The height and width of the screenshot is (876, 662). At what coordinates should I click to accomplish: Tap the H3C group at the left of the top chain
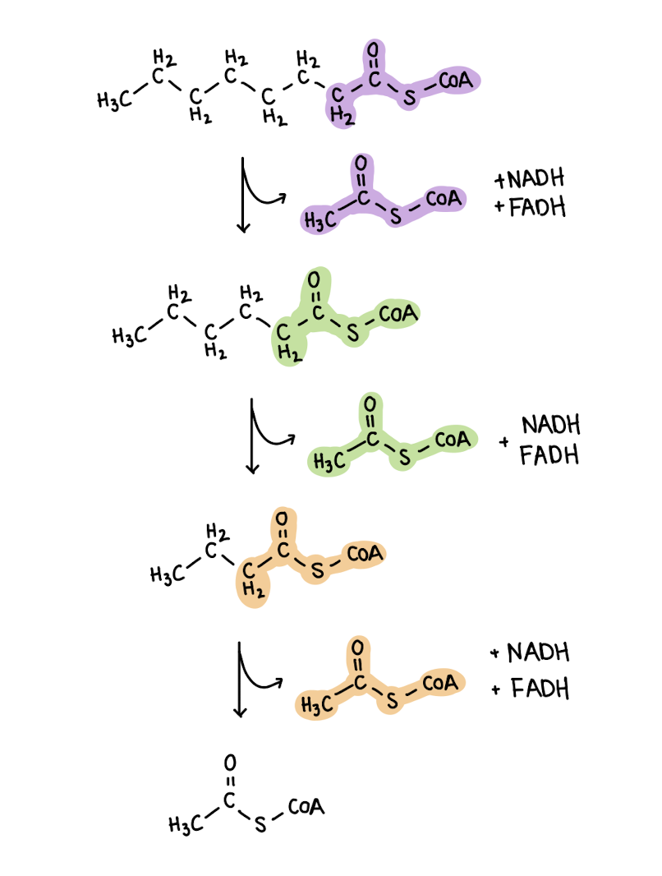coord(112,101)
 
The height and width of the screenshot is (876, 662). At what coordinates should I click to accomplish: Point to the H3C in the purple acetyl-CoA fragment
coord(320,219)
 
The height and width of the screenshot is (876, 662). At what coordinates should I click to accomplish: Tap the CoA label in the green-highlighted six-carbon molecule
coord(399,313)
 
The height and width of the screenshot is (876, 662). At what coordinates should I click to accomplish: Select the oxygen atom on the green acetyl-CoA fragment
coord(370,404)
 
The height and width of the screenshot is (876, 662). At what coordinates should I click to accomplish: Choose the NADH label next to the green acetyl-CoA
coord(550,426)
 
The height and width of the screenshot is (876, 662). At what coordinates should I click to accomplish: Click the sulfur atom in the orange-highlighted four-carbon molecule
coord(317,569)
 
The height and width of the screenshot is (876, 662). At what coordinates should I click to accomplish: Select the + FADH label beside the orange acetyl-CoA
coord(531,688)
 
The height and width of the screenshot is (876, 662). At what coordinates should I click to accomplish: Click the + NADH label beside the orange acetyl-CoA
coord(531,654)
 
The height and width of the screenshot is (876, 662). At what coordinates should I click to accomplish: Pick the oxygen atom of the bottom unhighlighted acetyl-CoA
coord(230,760)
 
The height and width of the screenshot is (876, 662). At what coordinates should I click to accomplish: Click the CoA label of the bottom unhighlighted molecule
coord(306,806)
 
